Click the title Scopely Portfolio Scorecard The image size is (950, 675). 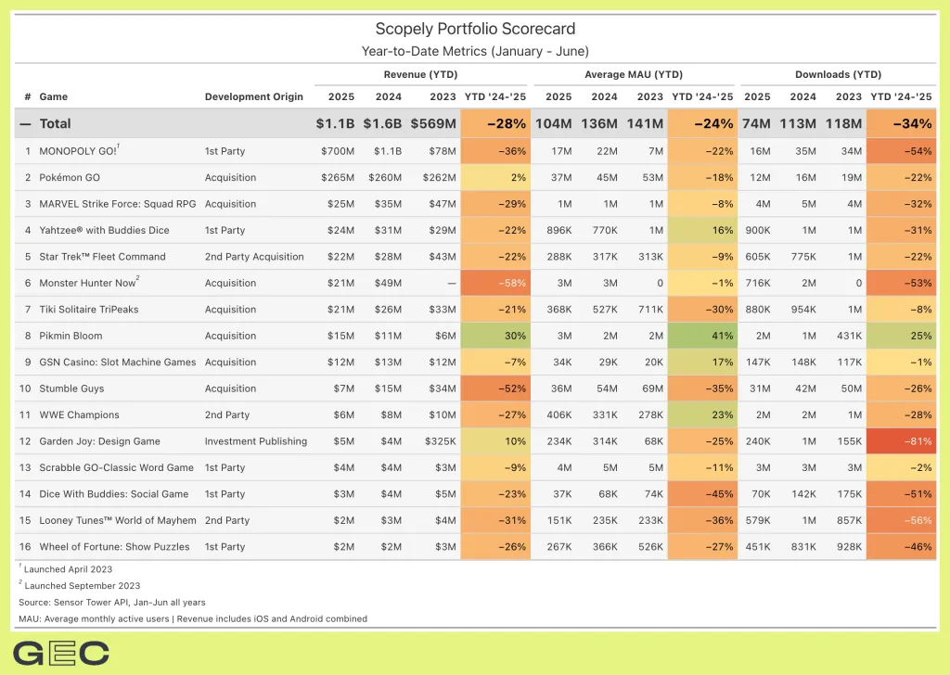[475, 30]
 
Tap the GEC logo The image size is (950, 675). [61, 653]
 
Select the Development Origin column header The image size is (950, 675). [253, 96]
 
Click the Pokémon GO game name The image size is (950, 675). [71, 177]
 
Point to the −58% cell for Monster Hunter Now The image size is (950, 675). [495, 283]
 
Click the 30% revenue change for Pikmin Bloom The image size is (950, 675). [495, 336]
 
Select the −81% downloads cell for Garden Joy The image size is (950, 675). [901, 441]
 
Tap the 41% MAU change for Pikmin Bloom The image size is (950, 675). [702, 336]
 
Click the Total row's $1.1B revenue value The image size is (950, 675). [335, 123]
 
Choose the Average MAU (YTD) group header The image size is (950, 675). [634, 74]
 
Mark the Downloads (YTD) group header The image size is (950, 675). [838, 74]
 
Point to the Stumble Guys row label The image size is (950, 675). [71, 388]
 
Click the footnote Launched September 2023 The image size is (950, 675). [82, 586]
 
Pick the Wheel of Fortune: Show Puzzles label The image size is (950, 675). [114, 547]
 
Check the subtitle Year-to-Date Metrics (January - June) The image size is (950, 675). [475, 51]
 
